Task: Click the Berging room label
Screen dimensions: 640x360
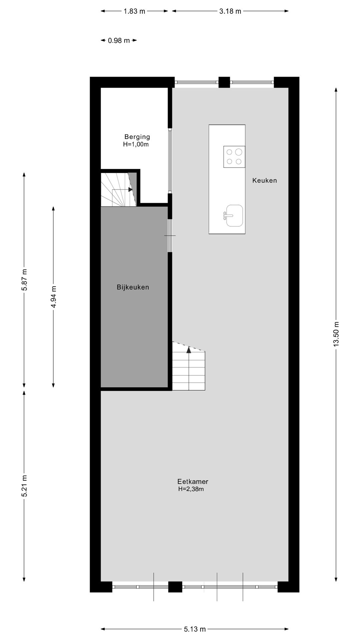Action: (137, 137)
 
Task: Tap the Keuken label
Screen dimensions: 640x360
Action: (264, 180)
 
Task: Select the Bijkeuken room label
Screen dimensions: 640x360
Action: (133, 287)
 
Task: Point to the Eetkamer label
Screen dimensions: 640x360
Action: (193, 481)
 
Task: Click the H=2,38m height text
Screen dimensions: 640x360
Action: (191, 489)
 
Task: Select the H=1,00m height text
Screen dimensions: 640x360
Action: (136, 144)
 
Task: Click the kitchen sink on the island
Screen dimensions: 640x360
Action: (234, 216)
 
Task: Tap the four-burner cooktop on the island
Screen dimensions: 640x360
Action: (234, 157)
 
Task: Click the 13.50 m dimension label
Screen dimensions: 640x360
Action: (336, 334)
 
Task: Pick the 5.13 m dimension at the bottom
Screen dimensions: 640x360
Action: (195, 629)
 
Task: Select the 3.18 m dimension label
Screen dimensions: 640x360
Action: (230, 11)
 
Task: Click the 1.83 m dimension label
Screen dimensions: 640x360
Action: (134, 11)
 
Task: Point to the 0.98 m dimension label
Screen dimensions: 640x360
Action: (119, 41)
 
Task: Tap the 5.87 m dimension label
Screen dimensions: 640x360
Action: (24, 279)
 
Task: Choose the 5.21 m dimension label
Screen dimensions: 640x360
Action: (24, 486)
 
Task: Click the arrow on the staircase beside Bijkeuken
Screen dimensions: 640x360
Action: (189, 350)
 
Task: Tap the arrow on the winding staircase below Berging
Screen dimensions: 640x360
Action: (130, 189)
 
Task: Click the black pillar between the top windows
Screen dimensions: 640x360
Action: (224, 82)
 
